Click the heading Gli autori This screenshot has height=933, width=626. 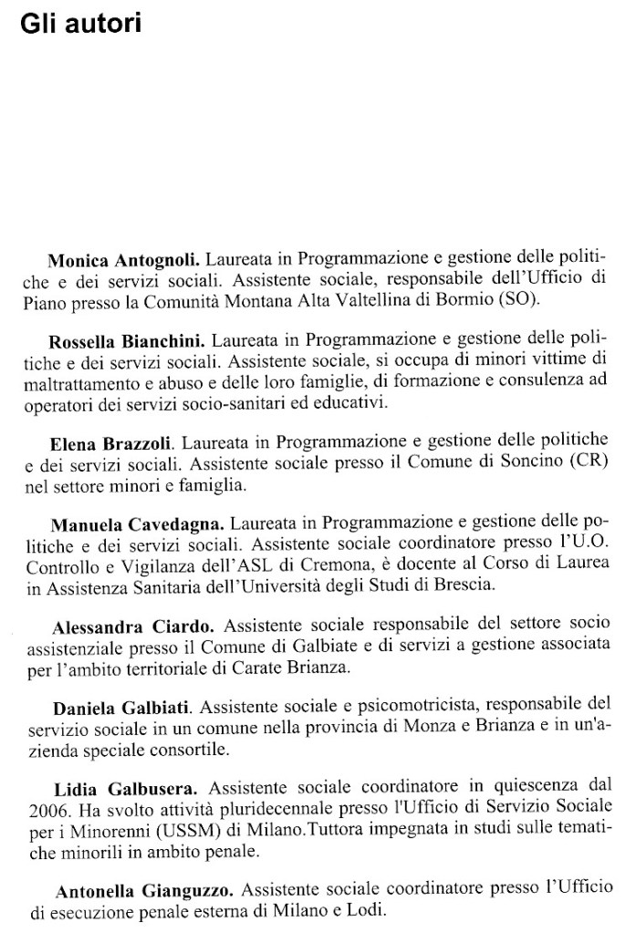pyautogui.click(x=80, y=24)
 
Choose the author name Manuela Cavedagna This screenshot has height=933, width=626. pyautogui.click(x=137, y=526)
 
